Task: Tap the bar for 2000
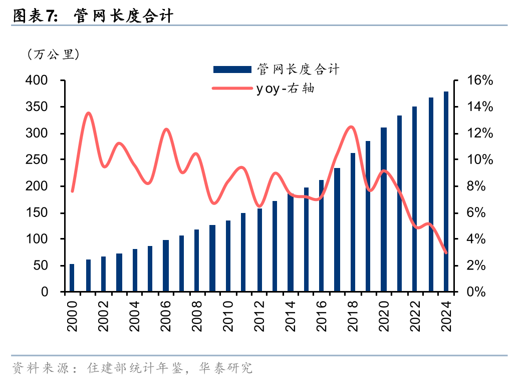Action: [72, 277]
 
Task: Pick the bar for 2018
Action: [353, 222]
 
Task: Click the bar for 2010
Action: [228, 256]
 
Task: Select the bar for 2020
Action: [384, 209]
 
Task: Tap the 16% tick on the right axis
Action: [479, 80]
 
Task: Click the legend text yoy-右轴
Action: [285, 88]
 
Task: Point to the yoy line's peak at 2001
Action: [88, 113]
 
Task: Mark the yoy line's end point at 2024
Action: [446, 253]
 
